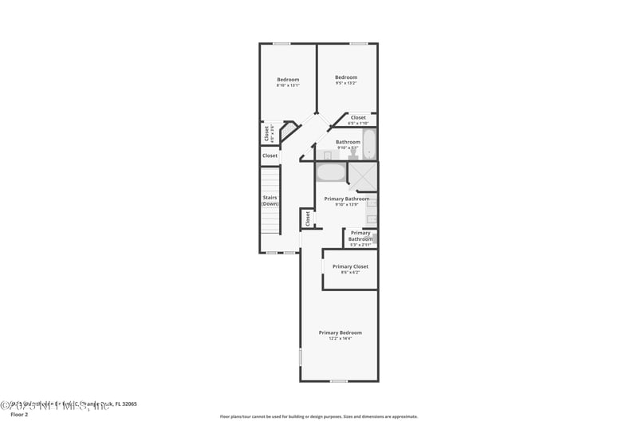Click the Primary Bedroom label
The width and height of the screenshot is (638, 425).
coord(341,333)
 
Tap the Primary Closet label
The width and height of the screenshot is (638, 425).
coord(350,266)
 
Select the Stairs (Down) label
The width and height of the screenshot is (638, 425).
coord(270,201)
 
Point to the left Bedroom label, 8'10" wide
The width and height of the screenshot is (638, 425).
coord(288,79)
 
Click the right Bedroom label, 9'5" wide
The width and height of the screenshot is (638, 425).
coord(346,77)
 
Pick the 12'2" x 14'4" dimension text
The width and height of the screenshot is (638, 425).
coord(341,339)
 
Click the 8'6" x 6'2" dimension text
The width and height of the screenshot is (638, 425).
coord(350,273)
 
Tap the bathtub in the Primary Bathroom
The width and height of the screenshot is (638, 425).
coord(331,172)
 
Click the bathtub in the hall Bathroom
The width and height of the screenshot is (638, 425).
coord(370,144)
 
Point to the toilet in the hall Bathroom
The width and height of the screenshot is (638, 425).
coord(352,154)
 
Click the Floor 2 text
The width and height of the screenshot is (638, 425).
coord(18,415)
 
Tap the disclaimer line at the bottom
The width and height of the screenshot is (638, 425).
coord(318,416)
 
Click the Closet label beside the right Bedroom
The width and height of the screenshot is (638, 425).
coord(358,117)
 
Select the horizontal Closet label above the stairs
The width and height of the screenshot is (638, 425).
coord(270,155)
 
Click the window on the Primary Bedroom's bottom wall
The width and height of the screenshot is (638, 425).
coord(339,381)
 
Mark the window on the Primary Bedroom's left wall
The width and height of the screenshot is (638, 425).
coord(301,356)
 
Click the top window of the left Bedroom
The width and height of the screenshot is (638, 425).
coord(282,43)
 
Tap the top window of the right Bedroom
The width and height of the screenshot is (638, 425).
coord(359,43)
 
